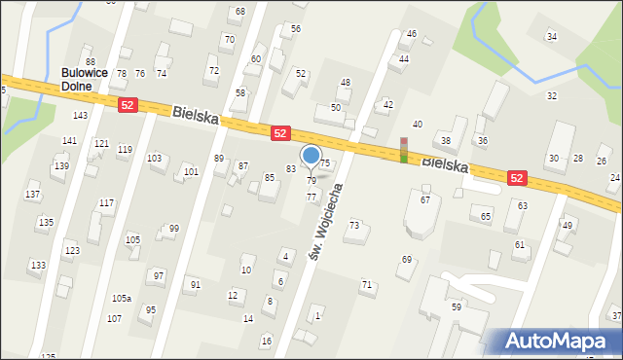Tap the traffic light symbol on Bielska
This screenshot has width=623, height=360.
tap(404, 150)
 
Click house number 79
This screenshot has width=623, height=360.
tap(311, 180)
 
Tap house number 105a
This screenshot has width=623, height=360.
tap(122, 298)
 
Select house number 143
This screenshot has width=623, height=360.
tap(80, 115)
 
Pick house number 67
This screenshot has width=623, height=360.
tap(424, 199)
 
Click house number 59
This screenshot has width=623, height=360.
tap(456, 306)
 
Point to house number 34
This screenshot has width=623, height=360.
tap(552, 37)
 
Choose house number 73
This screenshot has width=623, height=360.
tap(354, 225)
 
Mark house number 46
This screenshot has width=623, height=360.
tap(412, 34)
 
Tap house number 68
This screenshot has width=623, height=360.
tap(239, 11)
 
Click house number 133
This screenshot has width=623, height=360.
tap(37, 265)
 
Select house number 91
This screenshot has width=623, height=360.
tap(195, 284)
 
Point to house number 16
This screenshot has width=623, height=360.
tap(266, 341)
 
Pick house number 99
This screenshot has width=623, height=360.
tap(173, 229)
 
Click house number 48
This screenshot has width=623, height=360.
tap(345, 83)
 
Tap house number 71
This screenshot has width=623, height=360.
tap(366, 284)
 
